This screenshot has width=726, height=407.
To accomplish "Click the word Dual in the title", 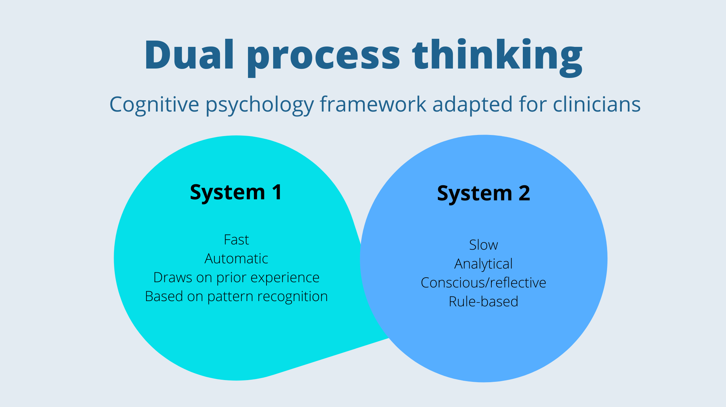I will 189,55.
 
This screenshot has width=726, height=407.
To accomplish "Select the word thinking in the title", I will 497,56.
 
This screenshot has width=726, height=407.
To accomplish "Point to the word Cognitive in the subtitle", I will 154,105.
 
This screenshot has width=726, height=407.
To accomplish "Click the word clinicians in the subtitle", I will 597,104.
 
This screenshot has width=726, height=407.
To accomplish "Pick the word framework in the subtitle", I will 373,104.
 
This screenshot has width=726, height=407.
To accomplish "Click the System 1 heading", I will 236,192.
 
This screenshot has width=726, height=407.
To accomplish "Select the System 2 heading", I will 483,193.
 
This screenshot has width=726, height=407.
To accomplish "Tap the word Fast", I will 236,240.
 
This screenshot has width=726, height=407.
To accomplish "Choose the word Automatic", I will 236,259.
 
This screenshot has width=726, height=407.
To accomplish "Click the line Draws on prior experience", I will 236,278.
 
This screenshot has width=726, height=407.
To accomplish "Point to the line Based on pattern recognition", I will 236,297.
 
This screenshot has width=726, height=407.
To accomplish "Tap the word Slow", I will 483,245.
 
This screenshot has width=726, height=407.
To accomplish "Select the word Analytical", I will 483,264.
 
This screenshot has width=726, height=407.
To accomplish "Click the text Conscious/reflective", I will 483,283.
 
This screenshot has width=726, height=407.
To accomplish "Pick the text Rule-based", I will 483,302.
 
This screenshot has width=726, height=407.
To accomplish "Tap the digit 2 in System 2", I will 524,193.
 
